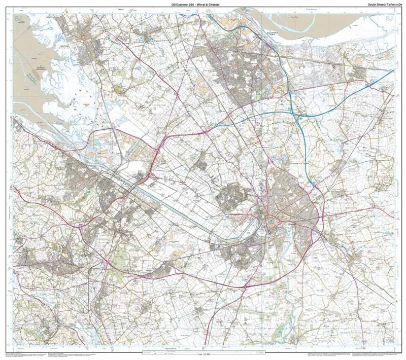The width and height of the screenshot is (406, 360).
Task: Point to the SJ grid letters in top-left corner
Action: [19, 19]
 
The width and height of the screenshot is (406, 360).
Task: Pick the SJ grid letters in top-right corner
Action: [389, 19]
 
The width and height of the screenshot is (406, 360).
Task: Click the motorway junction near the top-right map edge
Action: [366, 84]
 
